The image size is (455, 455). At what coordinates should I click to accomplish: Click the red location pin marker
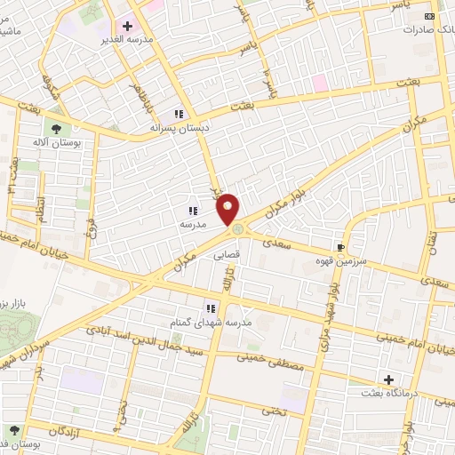(x=229, y=208)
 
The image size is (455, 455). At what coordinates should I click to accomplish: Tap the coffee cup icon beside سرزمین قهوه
(x=340, y=248)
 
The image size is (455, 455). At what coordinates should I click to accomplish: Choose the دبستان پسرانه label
(x=181, y=128)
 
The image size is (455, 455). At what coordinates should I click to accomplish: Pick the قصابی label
(x=227, y=254)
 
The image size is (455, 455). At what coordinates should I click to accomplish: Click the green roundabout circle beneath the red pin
(x=237, y=230)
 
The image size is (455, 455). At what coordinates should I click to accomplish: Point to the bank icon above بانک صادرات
(x=431, y=16)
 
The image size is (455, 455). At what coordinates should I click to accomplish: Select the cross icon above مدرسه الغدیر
(x=128, y=27)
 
